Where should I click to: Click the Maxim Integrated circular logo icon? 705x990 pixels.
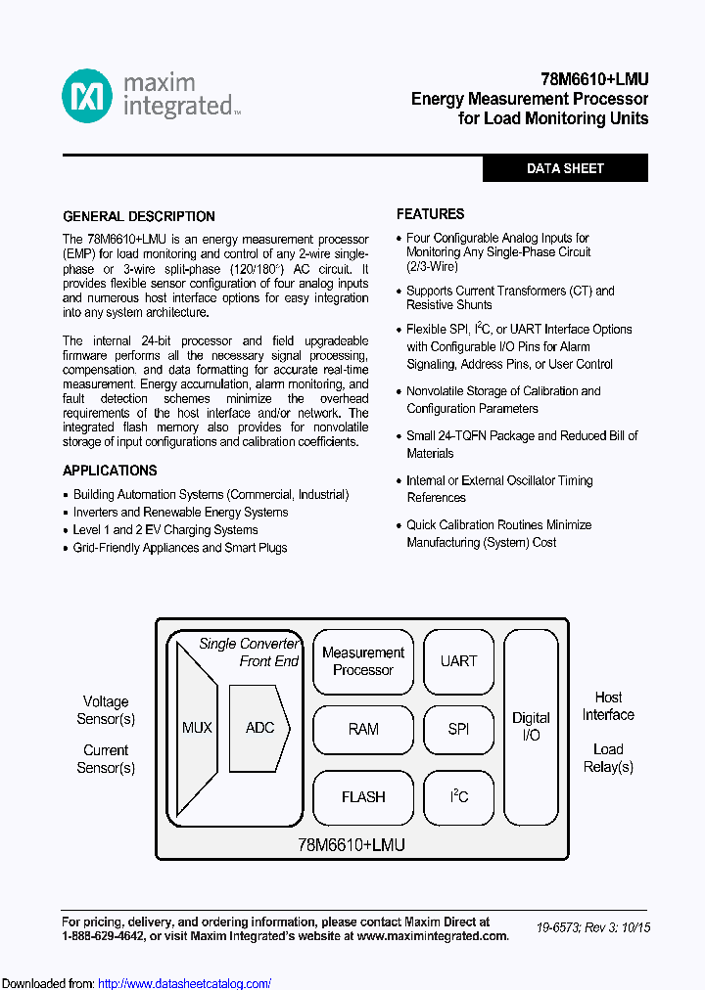(87, 97)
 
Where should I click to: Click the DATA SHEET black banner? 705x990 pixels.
(565, 168)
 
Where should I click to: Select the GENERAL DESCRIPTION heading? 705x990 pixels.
(139, 216)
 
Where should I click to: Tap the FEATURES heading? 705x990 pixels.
(430, 213)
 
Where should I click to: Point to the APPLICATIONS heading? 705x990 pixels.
(110, 471)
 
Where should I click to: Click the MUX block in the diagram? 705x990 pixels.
(196, 728)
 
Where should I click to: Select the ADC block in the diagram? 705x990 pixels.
(259, 728)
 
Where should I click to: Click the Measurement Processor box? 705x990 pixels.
(362, 661)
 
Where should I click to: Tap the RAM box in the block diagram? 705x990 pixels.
(362, 729)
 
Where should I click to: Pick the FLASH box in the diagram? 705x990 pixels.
(362, 796)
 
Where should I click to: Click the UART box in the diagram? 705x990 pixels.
(458, 661)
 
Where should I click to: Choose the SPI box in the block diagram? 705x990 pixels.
(458, 729)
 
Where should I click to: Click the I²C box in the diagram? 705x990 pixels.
(458, 796)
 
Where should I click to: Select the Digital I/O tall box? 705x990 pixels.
(531, 726)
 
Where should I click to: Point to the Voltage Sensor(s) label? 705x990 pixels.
(106, 710)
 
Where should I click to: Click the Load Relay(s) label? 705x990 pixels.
(608, 757)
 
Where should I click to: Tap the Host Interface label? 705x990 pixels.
(608, 705)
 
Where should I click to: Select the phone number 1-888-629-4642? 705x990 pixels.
(103, 936)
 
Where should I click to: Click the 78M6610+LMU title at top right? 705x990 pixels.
(594, 80)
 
